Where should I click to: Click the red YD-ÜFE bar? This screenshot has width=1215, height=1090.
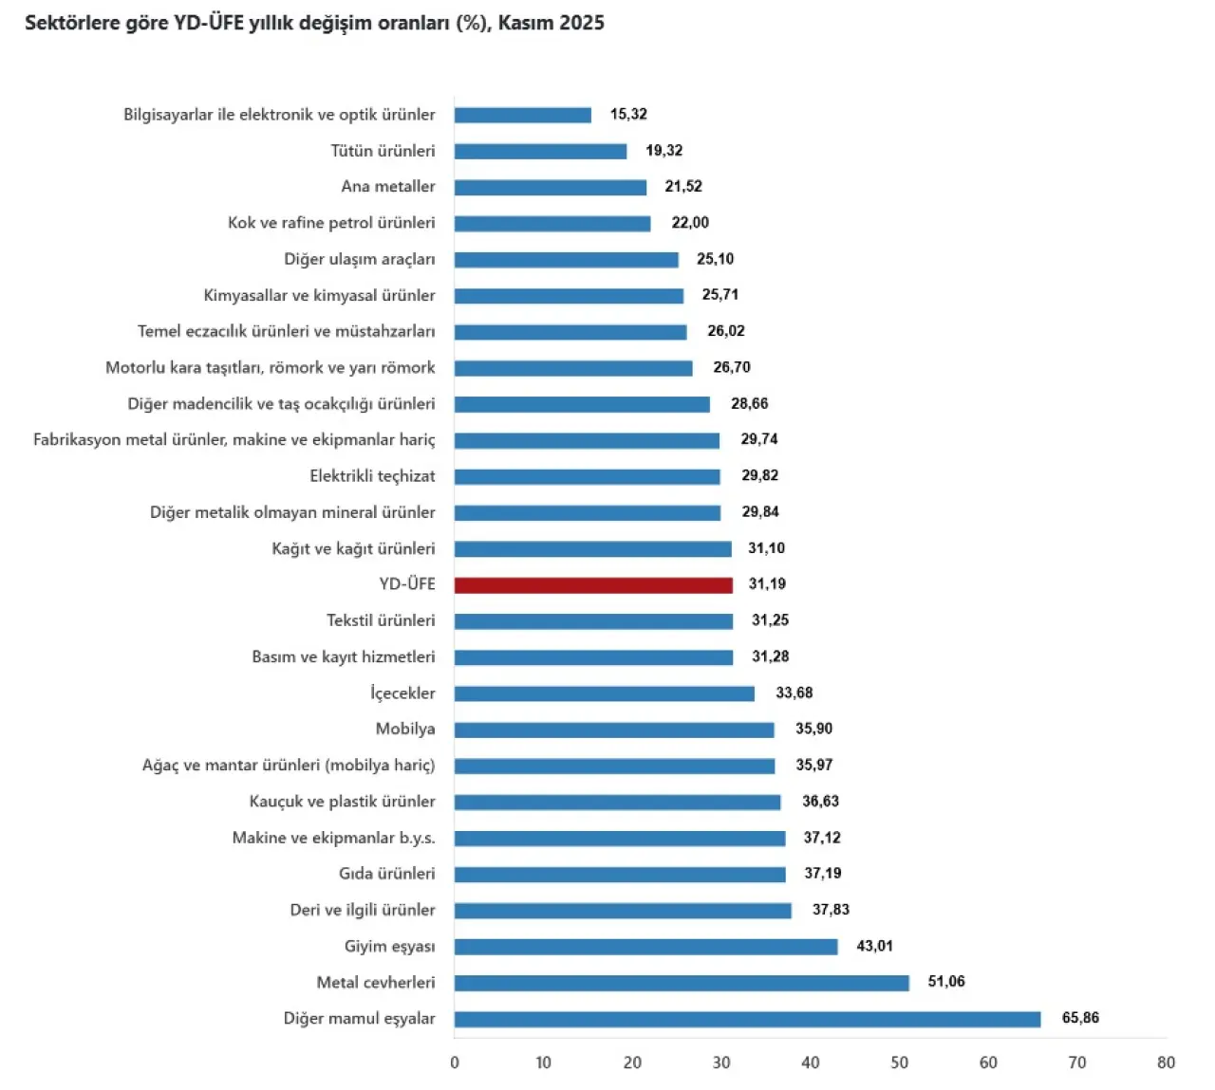point(593,585)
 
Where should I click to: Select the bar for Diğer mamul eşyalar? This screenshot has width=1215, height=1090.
point(747,1019)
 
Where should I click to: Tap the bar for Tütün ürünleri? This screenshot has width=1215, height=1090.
point(540,151)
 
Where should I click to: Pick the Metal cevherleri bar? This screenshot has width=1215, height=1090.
point(682,983)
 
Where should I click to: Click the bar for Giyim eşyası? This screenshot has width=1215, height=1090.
point(645,947)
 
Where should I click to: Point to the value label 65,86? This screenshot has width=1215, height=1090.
point(1080,1018)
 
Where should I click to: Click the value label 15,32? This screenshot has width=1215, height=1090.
point(628,114)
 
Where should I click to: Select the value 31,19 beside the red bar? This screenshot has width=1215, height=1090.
point(767,584)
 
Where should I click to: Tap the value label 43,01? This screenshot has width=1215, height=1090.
point(874,946)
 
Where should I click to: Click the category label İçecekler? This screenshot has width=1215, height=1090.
point(402,693)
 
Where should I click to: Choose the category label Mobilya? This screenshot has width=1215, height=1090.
point(405,729)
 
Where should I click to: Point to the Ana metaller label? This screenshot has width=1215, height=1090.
point(388,186)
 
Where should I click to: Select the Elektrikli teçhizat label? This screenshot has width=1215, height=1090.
point(372,476)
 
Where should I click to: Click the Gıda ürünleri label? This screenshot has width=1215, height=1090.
point(387,874)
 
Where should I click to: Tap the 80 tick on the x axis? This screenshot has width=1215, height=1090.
point(1166,1062)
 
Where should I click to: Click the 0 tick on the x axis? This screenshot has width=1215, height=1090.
point(455,1062)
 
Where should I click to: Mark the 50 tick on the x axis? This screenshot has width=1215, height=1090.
point(899,1062)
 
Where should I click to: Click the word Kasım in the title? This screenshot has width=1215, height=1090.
point(528,23)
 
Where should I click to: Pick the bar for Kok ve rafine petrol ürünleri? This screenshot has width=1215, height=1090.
point(552,224)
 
